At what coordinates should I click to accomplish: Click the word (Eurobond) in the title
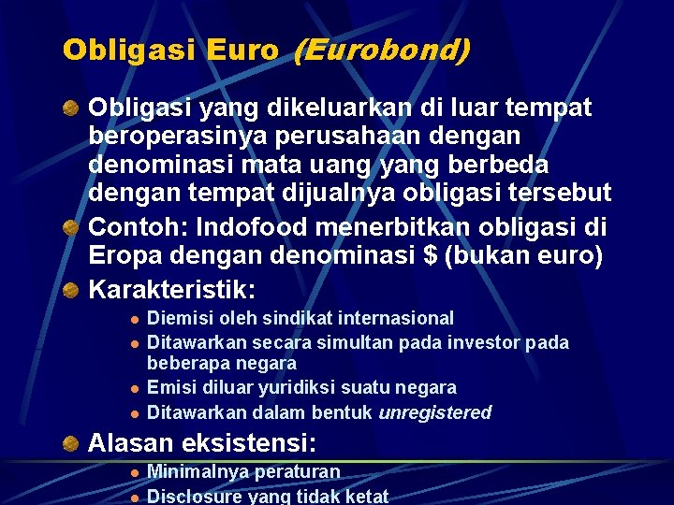[381, 50]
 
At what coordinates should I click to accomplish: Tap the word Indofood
[244, 226]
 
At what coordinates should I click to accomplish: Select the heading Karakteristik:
[171, 288]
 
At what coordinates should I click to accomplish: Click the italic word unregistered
[435, 412]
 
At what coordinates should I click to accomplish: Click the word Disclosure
[195, 496]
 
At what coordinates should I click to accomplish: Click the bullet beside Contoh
[70, 227]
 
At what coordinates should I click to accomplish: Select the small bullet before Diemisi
[135, 319]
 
